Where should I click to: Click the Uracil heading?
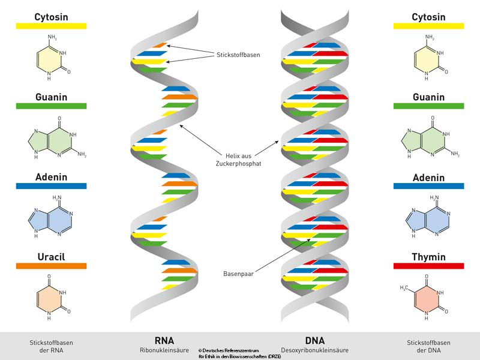click(x=51, y=257)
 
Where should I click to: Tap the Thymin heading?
click(x=428, y=257)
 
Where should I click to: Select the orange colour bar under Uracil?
click(x=51, y=266)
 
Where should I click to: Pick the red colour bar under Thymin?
click(x=428, y=266)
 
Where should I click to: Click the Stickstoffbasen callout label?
click(x=238, y=55)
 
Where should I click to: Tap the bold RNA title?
click(x=164, y=340)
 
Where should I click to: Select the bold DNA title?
click(x=314, y=340)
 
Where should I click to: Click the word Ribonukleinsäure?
click(x=164, y=349)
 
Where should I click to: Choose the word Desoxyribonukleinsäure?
click(x=314, y=349)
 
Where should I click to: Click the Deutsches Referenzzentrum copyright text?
click(x=239, y=353)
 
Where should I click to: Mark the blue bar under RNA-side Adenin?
click(x=51, y=186)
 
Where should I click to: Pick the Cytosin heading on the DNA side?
click(x=428, y=17)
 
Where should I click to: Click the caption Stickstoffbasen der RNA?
click(x=51, y=346)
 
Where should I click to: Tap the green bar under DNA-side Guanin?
click(x=428, y=106)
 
